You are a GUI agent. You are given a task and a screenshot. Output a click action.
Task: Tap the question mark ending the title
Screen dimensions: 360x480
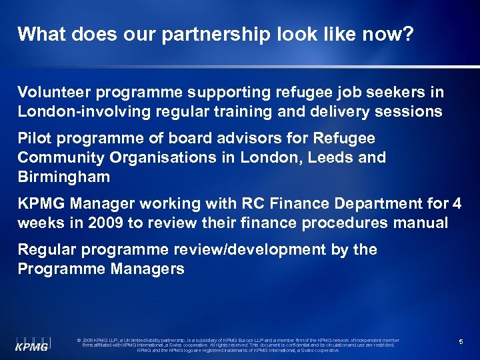tap(408, 35)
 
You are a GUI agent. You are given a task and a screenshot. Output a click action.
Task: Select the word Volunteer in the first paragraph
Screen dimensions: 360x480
tap(51, 93)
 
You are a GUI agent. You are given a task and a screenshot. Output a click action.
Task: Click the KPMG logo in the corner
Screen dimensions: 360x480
tap(32, 341)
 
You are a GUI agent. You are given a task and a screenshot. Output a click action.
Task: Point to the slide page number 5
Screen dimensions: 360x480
tap(461, 342)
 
